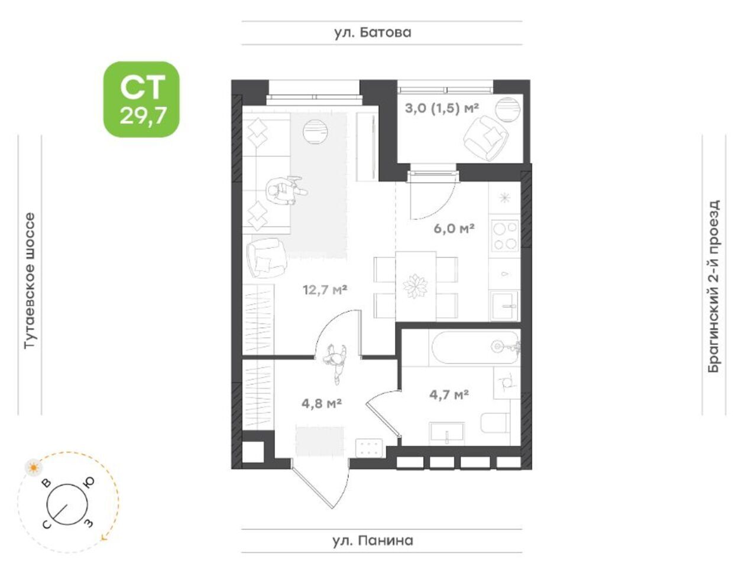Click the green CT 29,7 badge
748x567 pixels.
(x=141, y=99)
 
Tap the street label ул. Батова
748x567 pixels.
(x=373, y=32)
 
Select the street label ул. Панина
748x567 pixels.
(x=373, y=540)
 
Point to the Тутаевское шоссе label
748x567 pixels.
(x=30, y=281)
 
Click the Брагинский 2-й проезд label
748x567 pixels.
(x=714, y=286)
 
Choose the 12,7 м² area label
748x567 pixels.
(x=325, y=290)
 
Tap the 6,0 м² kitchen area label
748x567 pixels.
(x=454, y=228)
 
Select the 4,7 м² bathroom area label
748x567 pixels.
(x=449, y=394)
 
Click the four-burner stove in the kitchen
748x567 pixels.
(x=506, y=235)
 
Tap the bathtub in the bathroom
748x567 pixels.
(x=475, y=348)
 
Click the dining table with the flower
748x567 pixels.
(x=416, y=286)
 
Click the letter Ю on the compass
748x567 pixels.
(x=89, y=482)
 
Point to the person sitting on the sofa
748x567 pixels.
(x=284, y=190)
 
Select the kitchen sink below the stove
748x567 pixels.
(x=504, y=305)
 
